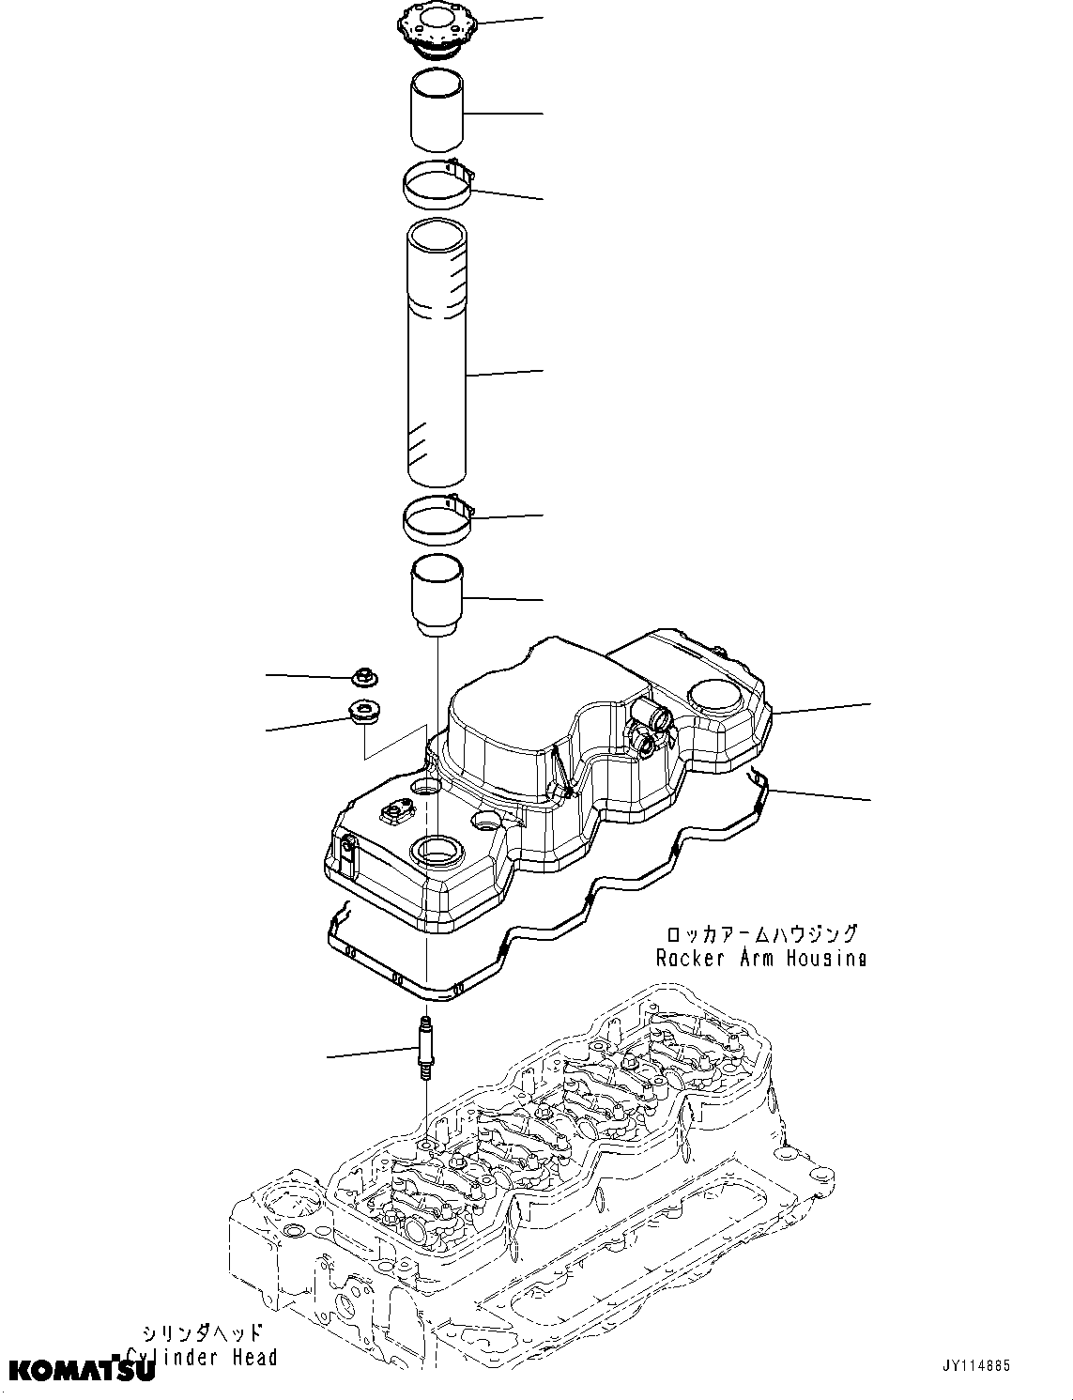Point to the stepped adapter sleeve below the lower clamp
(x=437, y=597)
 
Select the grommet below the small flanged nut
(x=362, y=714)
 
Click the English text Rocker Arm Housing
(x=760, y=958)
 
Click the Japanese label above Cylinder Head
(x=202, y=1333)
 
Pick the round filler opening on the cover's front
(x=437, y=853)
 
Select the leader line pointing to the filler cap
(x=502, y=20)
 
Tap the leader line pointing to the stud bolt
(x=371, y=1052)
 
